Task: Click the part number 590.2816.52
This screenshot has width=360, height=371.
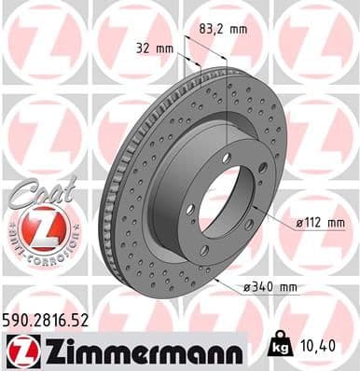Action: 48,319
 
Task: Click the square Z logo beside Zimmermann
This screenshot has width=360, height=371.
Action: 19,350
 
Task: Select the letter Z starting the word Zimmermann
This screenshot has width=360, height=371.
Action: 48,350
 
